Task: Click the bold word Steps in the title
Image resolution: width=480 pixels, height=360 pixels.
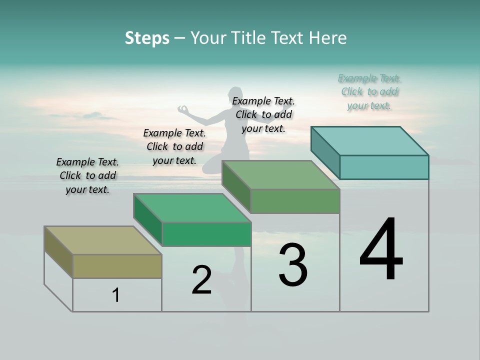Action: pos(147,38)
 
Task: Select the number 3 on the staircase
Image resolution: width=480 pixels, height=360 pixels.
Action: pos(293,265)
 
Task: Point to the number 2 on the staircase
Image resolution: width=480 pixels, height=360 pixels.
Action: pos(201,280)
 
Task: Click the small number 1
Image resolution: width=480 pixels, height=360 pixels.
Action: pos(116,295)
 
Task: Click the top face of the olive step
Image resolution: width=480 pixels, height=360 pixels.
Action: pos(102,240)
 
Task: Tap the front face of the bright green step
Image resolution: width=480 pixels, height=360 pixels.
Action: pos(206,234)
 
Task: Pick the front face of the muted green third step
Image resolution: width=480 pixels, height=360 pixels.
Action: pos(295,201)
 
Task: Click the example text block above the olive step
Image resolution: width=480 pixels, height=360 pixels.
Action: pos(87,175)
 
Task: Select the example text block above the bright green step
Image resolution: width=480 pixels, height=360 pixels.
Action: pos(174,146)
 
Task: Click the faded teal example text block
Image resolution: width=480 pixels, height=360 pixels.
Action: pos(369,92)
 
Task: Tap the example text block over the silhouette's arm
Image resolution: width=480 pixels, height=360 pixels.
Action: pos(263,114)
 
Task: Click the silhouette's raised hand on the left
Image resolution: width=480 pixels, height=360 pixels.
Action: pos(183,108)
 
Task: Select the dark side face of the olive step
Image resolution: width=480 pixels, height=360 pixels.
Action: pos(58,251)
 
